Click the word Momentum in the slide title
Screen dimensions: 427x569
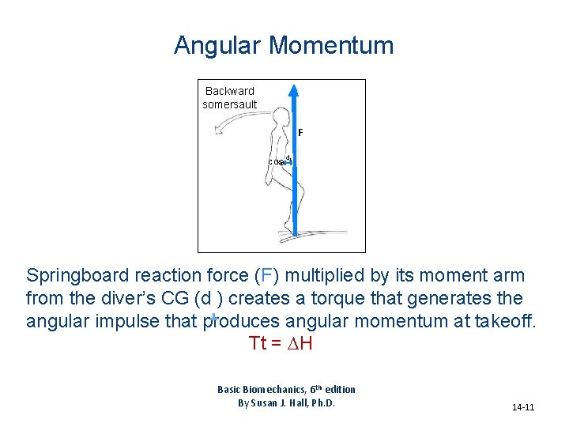pyautogui.click(x=331, y=46)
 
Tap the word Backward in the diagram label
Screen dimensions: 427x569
pyautogui.click(x=230, y=91)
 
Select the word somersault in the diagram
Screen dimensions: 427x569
pyautogui.click(x=230, y=104)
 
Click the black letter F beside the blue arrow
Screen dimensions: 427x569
pyautogui.click(x=301, y=132)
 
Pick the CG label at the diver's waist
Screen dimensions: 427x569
pyautogui.click(x=275, y=162)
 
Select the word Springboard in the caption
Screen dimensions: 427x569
pyautogui.click(x=77, y=276)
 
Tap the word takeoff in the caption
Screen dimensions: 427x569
pyautogui.click(x=503, y=322)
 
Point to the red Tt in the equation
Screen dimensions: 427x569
pyautogui.click(x=258, y=344)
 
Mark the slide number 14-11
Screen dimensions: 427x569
pyautogui.click(x=523, y=408)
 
